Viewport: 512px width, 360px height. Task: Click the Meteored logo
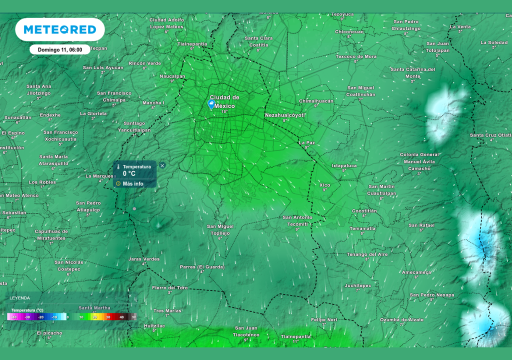60,30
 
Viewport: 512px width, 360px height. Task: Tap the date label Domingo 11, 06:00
60,50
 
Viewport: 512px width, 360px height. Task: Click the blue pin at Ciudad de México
211,104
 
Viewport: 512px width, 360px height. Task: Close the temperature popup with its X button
162,165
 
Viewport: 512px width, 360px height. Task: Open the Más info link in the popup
133,183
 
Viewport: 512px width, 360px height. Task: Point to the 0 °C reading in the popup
129,173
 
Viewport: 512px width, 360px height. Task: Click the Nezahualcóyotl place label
285,115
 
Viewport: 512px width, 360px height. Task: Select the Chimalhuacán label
316,101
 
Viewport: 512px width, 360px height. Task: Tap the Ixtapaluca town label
344,165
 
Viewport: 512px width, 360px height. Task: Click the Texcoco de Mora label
356,56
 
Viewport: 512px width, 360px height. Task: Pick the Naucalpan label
172,76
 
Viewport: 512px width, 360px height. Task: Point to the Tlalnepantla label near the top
192,44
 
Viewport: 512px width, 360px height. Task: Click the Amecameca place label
416,272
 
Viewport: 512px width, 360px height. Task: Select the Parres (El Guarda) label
202,267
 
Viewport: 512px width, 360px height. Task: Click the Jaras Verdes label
144,259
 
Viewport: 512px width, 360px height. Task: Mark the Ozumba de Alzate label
401,319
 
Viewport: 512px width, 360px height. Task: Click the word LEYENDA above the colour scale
19,298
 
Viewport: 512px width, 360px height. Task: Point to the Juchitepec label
357,285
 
